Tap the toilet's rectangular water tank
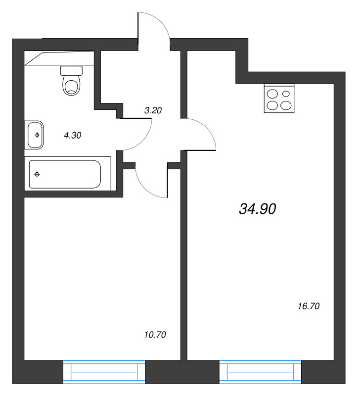coord(72,71)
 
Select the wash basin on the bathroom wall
coord(35,134)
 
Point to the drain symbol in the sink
coord(37,134)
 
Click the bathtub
coord(65,174)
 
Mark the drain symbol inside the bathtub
coord(37,174)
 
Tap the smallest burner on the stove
coord(286,93)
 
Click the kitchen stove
coord(279,99)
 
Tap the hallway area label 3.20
coord(153,111)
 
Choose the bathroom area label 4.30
coord(72,134)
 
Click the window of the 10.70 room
coord(104,371)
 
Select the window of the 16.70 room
coord(260,371)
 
